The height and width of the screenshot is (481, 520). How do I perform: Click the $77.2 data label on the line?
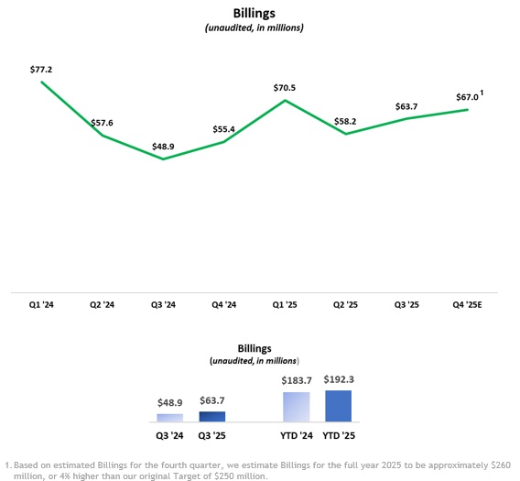click(x=41, y=69)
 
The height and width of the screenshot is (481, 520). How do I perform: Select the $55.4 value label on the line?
click(x=222, y=129)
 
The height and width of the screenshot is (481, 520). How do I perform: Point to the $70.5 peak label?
click(x=286, y=88)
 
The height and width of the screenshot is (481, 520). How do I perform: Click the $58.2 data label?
click(x=345, y=121)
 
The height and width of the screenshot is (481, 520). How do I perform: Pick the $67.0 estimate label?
click(x=467, y=98)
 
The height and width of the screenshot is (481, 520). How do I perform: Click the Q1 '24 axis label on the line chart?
click(x=41, y=304)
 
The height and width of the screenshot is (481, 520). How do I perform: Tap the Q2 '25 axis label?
click(x=346, y=304)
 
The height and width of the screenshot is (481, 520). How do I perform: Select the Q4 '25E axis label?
click(x=468, y=304)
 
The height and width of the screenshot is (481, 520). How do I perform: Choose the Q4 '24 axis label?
click(x=223, y=304)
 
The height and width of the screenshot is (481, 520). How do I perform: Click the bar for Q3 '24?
click(x=170, y=417)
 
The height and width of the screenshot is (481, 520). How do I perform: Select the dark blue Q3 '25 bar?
click(x=211, y=416)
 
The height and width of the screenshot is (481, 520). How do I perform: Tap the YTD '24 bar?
click(x=297, y=406)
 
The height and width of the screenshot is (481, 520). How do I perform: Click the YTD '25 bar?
click(x=338, y=405)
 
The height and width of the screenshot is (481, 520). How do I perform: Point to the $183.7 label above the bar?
click(x=297, y=381)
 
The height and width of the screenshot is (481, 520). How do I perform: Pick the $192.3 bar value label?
click(x=338, y=379)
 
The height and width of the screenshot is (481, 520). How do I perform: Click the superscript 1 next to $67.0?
click(x=482, y=93)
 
